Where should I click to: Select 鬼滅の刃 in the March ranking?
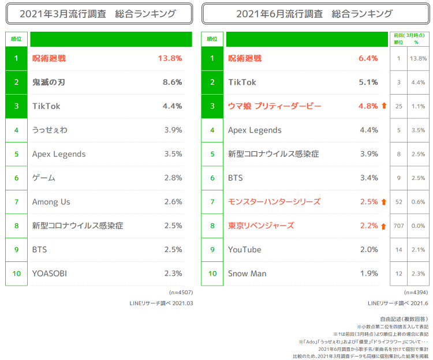pyautogui.click(x=48, y=82)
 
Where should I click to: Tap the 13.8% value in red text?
pyautogui.click(x=170, y=58)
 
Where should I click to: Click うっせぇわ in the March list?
pyautogui.click(x=50, y=130)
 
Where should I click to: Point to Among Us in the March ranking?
pyautogui.click(x=51, y=202)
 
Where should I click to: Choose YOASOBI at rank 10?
pyautogui.click(x=50, y=273)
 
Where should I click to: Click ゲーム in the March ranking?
pyautogui.click(x=44, y=178)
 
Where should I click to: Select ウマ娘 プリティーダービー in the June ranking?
pyautogui.click(x=274, y=106)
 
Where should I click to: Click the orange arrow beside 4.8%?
pyautogui.click(x=383, y=106)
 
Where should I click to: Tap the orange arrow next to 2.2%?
pyautogui.click(x=383, y=226)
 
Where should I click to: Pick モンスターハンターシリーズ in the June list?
pyautogui.click(x=274, y=202)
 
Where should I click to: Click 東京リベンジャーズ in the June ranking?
pyautogui.click(x=261, y=226)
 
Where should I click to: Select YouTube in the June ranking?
pyautogui.click(x=244, y=250)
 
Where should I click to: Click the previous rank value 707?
pyautogui.click(x=398, y=226)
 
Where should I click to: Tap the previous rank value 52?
pyautogui.click(x=398, y=202)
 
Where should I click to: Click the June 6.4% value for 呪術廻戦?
pyautogui.click(x=368, y=58)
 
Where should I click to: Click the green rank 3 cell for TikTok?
pyautogui.click(x=17, y=106)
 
